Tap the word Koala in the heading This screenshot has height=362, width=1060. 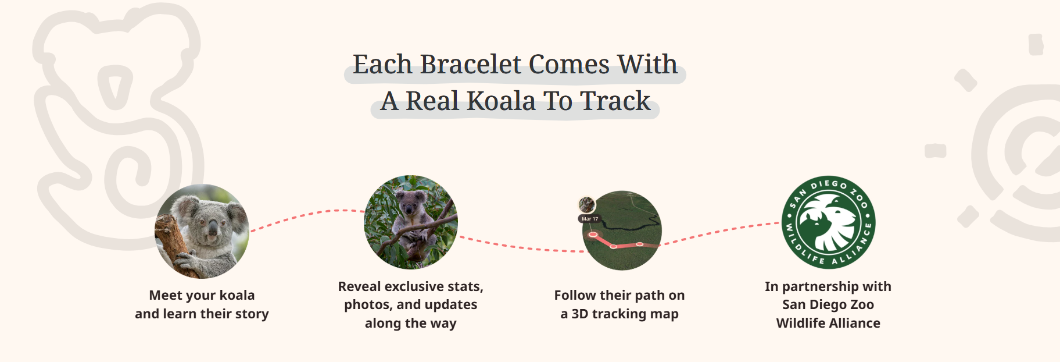pos(501,101)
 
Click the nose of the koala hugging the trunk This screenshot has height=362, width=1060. pos(213,229)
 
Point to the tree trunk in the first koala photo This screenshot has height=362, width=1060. pos(174,247)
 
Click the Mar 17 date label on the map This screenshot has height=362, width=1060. pos(590,219)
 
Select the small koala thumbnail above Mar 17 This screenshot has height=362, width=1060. pos(587,205)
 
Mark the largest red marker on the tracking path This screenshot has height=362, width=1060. pos(593,235)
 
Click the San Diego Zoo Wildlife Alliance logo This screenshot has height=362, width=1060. pos(828,222)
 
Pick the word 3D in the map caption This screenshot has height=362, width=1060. pos(580,314)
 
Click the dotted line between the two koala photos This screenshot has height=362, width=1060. pos(307,214)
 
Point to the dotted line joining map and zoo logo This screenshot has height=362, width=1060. pos(721,233)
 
